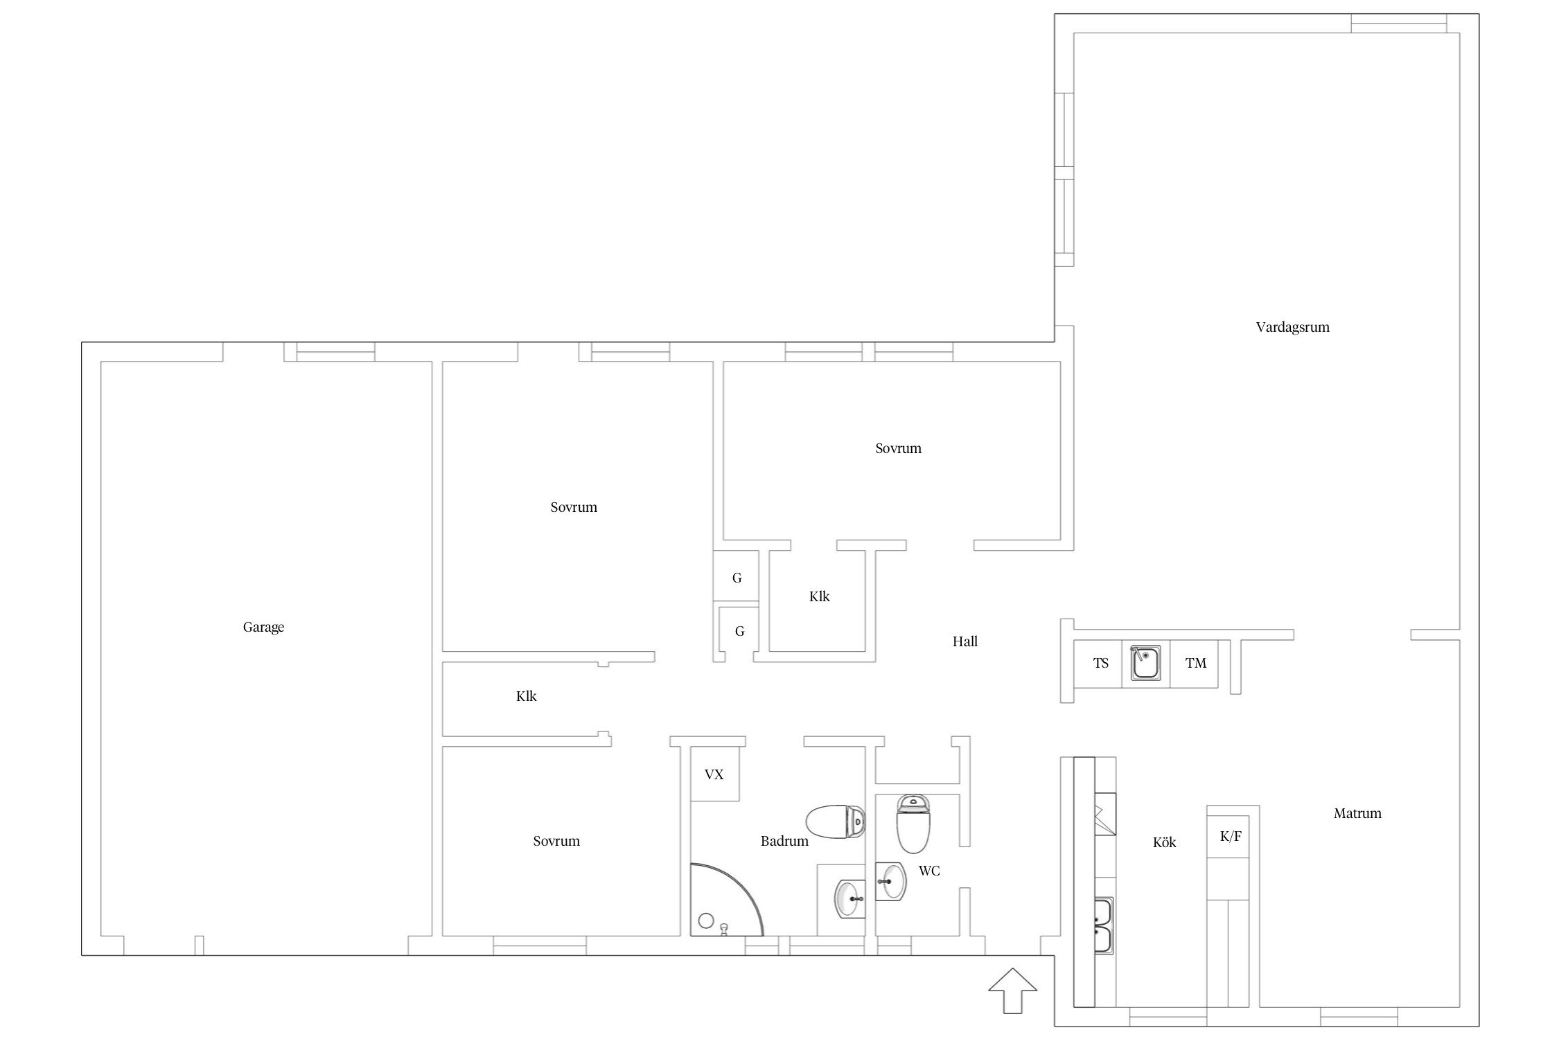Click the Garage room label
pos(263,628)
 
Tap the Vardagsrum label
pos(1292,328)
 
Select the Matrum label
pos(1357,813)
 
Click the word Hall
pos(965,641)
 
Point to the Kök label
pos(1164,842)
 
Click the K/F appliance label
pos(1231,836)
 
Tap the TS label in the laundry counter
pos(1101,663)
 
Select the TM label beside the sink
pos(1196,663)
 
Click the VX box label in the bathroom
pos(714,774)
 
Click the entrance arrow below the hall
pos(1012,991)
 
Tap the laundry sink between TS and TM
pos(1146,664)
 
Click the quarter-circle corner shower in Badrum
pos(728,900)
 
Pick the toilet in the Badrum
pos(836,822)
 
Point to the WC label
pos(929,871)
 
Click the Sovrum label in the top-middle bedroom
pos(898,448)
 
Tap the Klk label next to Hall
pos(819,596)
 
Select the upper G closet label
pos(737,578)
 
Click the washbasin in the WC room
pos(890,881)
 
